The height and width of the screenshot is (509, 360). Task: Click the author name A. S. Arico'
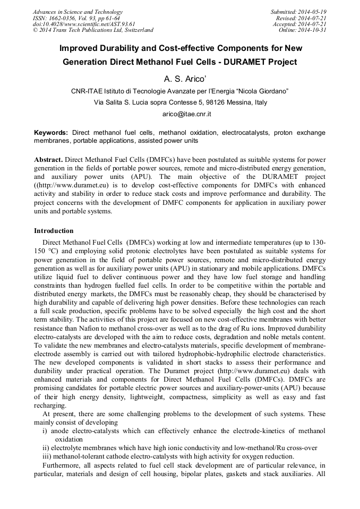179,79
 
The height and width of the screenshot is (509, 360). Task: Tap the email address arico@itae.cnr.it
180,114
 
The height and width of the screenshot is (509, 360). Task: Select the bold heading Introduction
54,231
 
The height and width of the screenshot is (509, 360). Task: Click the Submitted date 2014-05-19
312,12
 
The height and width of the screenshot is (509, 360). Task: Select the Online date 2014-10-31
312,30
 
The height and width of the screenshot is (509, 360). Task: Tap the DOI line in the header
83,24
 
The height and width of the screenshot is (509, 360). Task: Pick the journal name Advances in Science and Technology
78,12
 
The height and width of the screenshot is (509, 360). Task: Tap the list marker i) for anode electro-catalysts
45,431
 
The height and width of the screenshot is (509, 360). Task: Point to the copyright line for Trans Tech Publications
93,30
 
